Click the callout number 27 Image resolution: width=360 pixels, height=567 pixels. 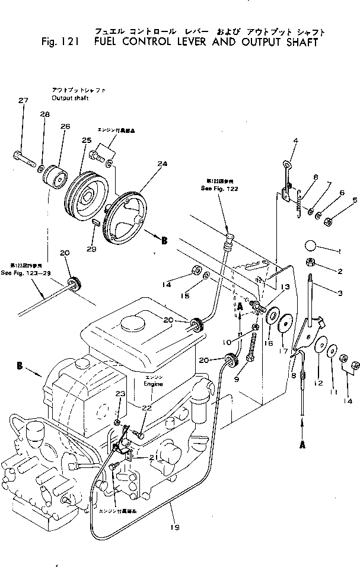(x=23, y=101)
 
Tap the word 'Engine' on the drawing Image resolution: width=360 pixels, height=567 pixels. (x=153, y=384)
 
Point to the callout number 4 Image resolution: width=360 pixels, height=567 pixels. (x=295, y=141)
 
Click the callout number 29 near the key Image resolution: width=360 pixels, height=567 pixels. (x=91, y=250)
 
